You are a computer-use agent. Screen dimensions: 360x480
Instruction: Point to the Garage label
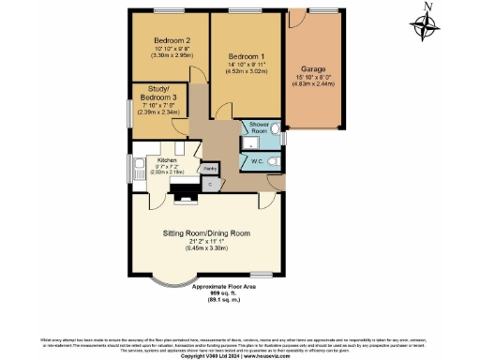(x=313, y=69)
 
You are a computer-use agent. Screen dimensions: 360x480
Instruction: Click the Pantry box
(x=212, y=168)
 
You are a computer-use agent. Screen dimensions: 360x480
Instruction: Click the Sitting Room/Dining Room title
(x=207, y=232)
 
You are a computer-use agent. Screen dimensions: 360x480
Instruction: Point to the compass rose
(x=427, y=26)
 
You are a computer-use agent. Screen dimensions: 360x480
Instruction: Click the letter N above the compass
(x=427, y=7)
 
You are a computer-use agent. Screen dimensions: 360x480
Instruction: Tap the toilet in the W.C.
(x=274, y=161)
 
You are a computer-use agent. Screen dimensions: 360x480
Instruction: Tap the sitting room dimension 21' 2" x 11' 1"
(x=207, y=242)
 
